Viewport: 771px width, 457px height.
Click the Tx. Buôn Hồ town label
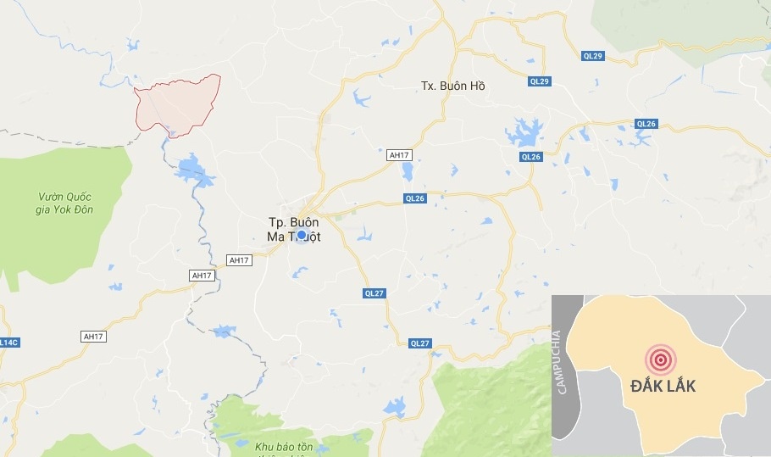point(453,86)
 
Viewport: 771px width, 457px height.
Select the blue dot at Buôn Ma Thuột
point(301,235)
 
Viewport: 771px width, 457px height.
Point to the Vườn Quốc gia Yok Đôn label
point(65,203)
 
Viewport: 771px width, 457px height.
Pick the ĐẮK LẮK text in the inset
point(663,386)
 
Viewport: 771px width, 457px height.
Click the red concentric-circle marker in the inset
point(660,359)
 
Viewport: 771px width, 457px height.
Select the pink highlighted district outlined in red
point(178,103)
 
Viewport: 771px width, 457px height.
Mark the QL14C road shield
point(7,342)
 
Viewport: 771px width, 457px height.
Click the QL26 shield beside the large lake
point(530,156)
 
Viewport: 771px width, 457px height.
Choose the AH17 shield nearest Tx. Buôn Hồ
point(397,155)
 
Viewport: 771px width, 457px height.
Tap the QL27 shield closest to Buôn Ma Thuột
point(375,293)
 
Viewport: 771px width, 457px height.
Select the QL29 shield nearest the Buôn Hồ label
point(540,81)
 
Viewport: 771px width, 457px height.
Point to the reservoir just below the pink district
point(195,169)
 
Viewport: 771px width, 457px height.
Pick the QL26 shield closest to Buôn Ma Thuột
point(414,199)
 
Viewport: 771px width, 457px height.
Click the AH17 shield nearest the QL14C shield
point(93,337)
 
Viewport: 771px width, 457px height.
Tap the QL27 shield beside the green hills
point(419,343)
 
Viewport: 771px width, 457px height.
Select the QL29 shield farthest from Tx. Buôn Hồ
point(593,56)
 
